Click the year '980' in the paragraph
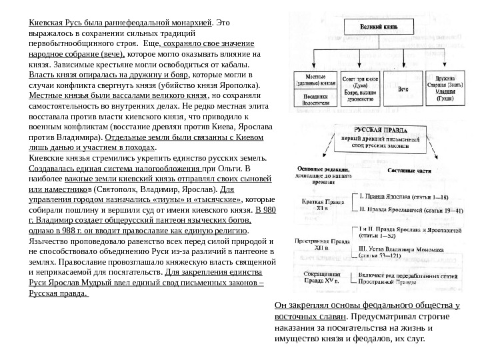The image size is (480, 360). pyautogui.click(x=269, y=208)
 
